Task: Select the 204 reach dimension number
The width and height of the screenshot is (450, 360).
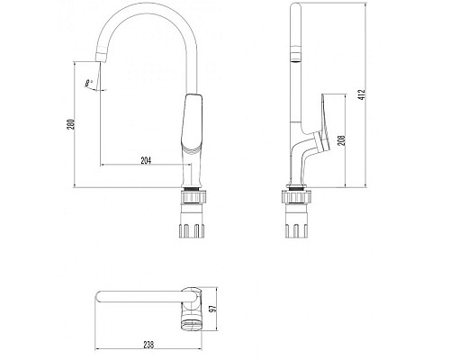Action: (x=147, y=160)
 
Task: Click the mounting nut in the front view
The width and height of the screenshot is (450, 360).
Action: (x=194, y=195)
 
